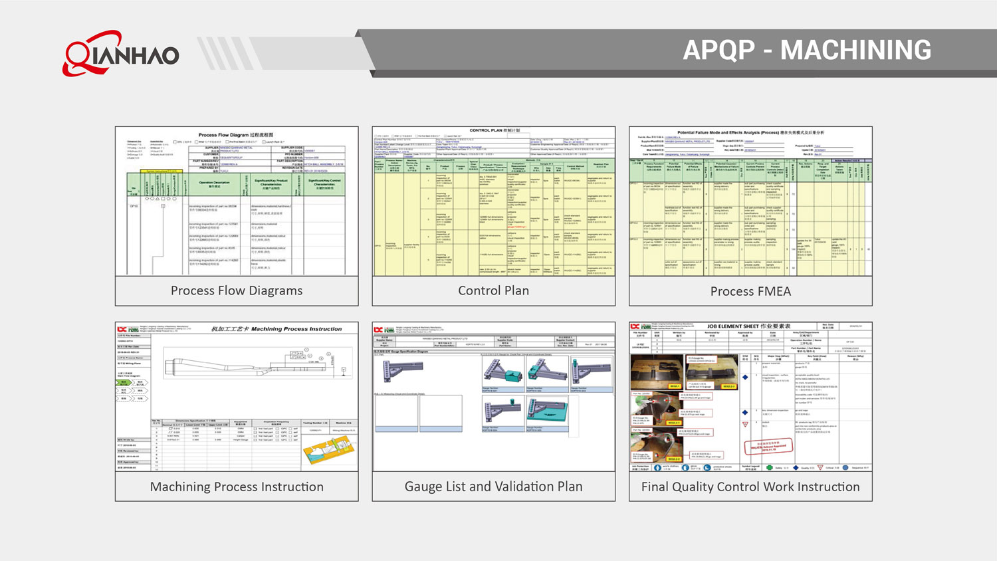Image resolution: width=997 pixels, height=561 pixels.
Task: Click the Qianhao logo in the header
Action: click(121, 53)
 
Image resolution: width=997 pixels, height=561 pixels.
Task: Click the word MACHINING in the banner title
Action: click(855, 51)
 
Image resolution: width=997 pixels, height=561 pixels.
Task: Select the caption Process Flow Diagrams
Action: click(237, 291)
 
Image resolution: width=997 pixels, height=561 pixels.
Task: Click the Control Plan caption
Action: click(493, 291)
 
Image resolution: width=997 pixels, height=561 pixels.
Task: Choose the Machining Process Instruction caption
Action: click(237, 487)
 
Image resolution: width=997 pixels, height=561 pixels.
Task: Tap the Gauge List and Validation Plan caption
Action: click(493, 487)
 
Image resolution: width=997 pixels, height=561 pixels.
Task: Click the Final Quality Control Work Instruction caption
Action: click(750, 487)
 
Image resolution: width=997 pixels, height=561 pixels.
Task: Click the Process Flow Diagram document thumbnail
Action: click(237, 201)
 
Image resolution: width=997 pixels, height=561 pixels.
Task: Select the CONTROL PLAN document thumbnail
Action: click(493, 201)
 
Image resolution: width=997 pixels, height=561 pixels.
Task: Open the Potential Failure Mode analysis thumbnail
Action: click(750, 201)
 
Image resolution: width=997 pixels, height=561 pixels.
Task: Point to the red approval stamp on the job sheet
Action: click(768, 447)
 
